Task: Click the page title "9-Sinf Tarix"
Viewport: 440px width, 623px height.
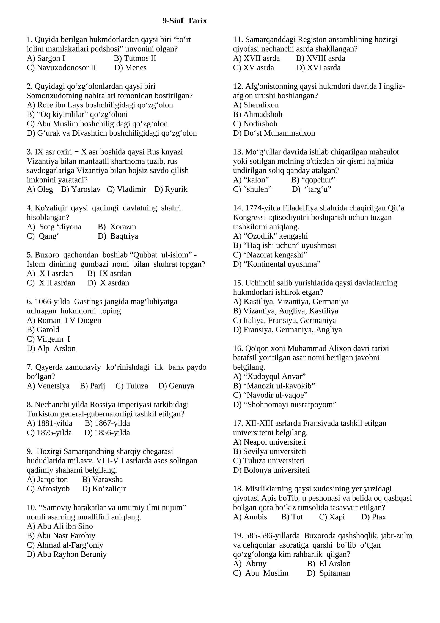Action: point(185,21)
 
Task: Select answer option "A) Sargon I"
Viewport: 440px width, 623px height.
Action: point(46,58)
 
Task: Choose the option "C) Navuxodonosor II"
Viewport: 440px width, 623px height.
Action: point(61,68)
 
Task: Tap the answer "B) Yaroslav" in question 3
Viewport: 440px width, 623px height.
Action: point(81,189)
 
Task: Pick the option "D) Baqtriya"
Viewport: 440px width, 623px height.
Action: point(118,236)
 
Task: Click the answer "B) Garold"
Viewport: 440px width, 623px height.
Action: point(43,330)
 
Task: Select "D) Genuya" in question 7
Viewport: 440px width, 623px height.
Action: point(176,386)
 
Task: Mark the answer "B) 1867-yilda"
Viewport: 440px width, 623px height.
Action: point(107,423)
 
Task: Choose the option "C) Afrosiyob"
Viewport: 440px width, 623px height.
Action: point(48,489)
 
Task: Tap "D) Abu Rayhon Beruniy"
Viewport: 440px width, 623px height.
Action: point(67,554)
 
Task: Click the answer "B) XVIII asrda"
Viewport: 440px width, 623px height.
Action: point(321,58)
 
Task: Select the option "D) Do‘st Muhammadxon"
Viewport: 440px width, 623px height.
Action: point(274,133)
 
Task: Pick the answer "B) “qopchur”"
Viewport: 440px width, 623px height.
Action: point(313,180)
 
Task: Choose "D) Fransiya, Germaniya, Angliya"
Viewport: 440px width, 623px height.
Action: point(287,330)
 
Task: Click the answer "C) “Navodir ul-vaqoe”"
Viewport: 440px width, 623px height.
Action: point(270,395)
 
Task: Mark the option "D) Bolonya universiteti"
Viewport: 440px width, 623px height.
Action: point(271,470)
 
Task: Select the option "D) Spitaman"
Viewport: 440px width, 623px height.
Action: point(328,573)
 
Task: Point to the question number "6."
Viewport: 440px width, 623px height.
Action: point(30,302)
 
